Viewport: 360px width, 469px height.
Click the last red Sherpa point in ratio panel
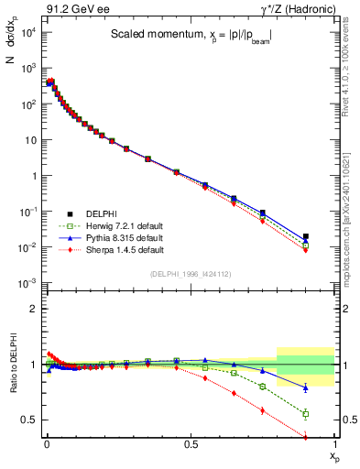pos(306,437)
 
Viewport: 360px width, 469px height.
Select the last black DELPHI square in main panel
pos(306,236)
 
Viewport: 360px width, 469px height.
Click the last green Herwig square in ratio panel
pos(306,414)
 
